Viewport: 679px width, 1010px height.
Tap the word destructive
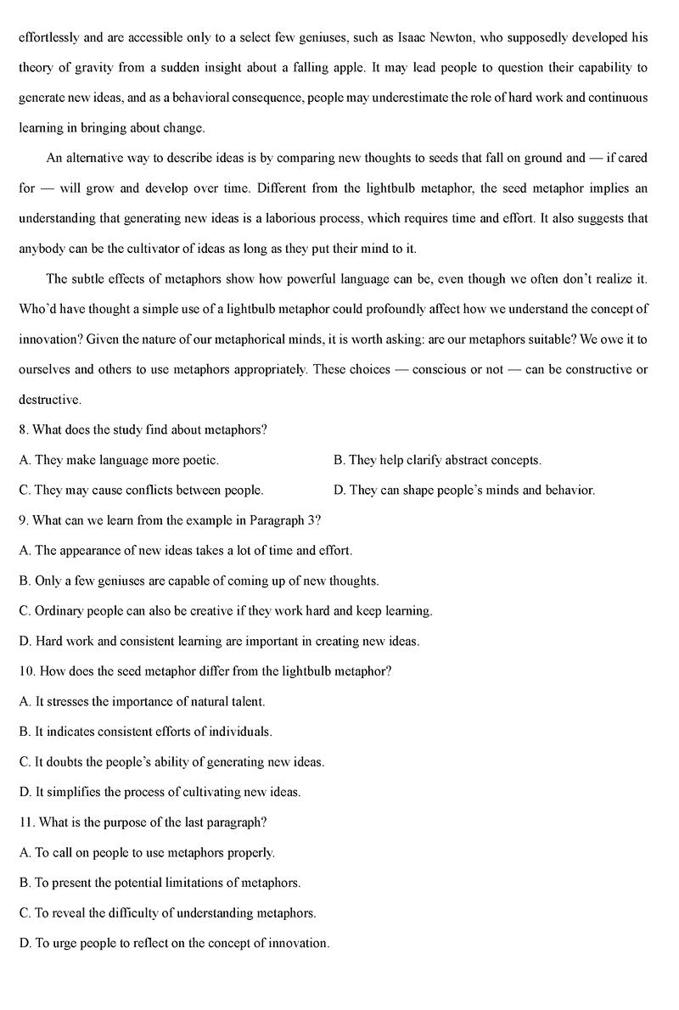pos(49,399)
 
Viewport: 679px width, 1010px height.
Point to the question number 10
pos(26,671)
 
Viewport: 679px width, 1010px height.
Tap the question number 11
pos(26,822)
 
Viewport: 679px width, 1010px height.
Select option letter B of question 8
pos(339,460)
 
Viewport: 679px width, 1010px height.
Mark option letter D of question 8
pos(339,490)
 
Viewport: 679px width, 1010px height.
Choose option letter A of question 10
pos(24,701)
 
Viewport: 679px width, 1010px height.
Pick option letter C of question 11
pos(24,912)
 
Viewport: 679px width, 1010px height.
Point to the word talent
pos(246,701)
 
